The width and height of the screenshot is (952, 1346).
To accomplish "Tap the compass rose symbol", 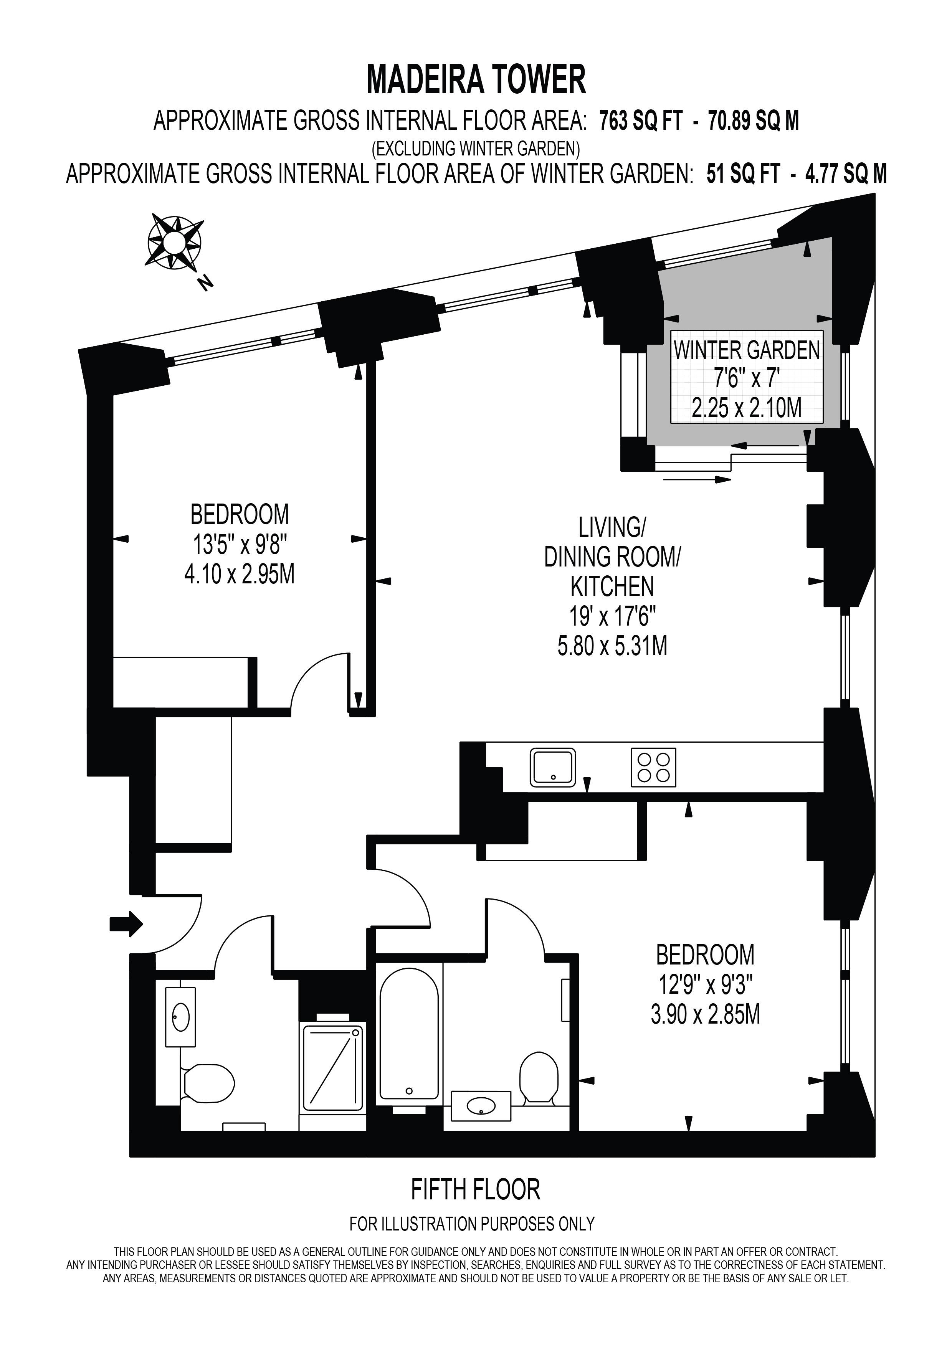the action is [175, 241].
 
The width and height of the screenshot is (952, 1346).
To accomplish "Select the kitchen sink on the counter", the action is [553, 767].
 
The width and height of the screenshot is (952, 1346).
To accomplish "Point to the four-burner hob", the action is [654, 767].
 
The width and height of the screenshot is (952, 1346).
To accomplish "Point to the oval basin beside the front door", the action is [180, 1017].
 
